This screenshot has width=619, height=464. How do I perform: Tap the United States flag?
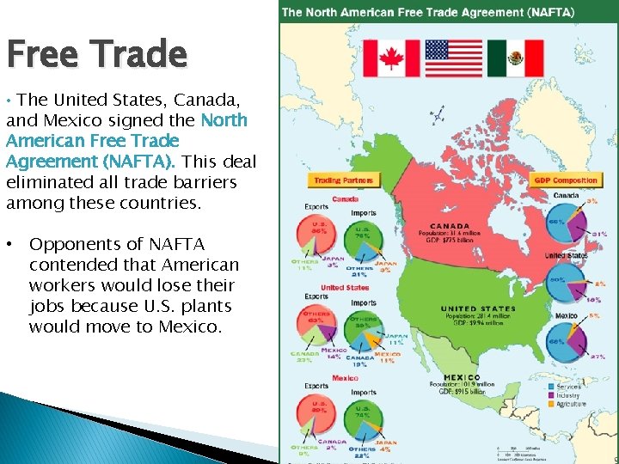tap(453, 58)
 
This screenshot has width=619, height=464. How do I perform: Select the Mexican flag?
tap(516, 58)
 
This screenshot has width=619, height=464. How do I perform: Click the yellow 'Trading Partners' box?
tap(343, 180)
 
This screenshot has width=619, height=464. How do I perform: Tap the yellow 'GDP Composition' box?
tap(566, 180)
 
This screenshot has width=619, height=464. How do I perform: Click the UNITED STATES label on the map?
tap(478, 308)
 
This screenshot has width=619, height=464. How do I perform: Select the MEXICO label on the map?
tap(462, 377)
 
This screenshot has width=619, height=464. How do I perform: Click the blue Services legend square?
tap(550, 387)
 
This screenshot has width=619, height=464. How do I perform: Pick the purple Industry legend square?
tap(550, 395)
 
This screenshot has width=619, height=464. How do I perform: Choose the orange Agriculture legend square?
tap(550, 404)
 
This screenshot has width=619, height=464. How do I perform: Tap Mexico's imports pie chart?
tap(363, 417)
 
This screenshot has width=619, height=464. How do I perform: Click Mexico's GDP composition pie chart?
tap(565, 341)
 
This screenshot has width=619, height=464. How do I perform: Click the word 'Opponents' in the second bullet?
tap(77, 244)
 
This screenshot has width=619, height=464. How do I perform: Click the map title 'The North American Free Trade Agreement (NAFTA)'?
tap(429, 12)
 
